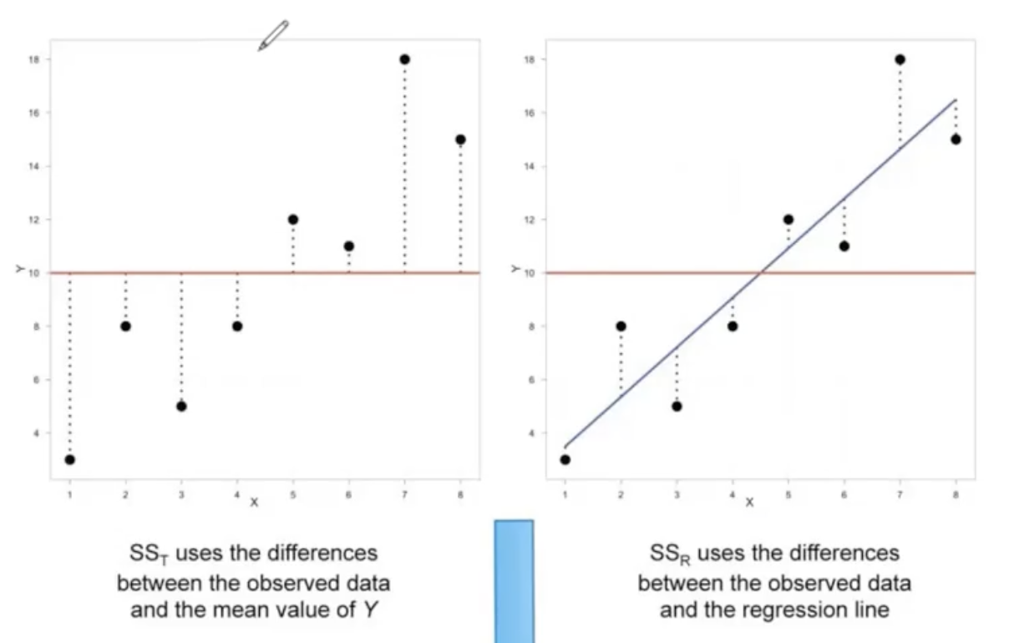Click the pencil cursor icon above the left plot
[272, 36]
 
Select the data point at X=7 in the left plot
[404, 59]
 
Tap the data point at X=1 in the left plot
[69, 459]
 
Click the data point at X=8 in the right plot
[956, 139]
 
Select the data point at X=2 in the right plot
[621, 327]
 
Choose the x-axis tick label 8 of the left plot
[460, 494]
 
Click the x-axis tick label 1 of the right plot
[565, 494]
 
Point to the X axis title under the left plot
[254, 502]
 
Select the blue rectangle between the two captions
[514, 580]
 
